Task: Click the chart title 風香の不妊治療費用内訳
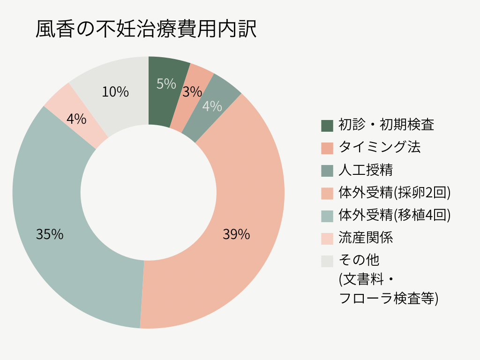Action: click(x=146, y=30)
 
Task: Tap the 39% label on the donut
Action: click(x=236, y=234)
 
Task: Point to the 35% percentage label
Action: click(x=50, y=234)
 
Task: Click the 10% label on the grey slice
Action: click(x=115, y=92)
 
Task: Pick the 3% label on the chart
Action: click(x=192, y=92)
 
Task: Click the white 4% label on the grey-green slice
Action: click(x=212, y=106)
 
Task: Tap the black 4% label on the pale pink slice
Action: click(x=76, y=119)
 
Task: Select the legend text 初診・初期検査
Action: click(x=386, y=125)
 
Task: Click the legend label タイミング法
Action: click(x=380, y=147)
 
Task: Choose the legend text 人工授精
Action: click(x=366, y=170)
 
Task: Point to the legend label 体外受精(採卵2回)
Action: click(x=395, y=192)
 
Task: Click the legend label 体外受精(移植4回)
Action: click(x=395, y=215)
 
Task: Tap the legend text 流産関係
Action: click(x=366, y=238)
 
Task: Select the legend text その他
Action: click(x=359, y=260)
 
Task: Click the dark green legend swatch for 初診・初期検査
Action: click(x=327, y=126)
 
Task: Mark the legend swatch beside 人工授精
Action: click(x=327, y=171)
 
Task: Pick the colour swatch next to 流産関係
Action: click(x=327, y=239)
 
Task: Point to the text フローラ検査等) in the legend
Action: click(x=389, y=298)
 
